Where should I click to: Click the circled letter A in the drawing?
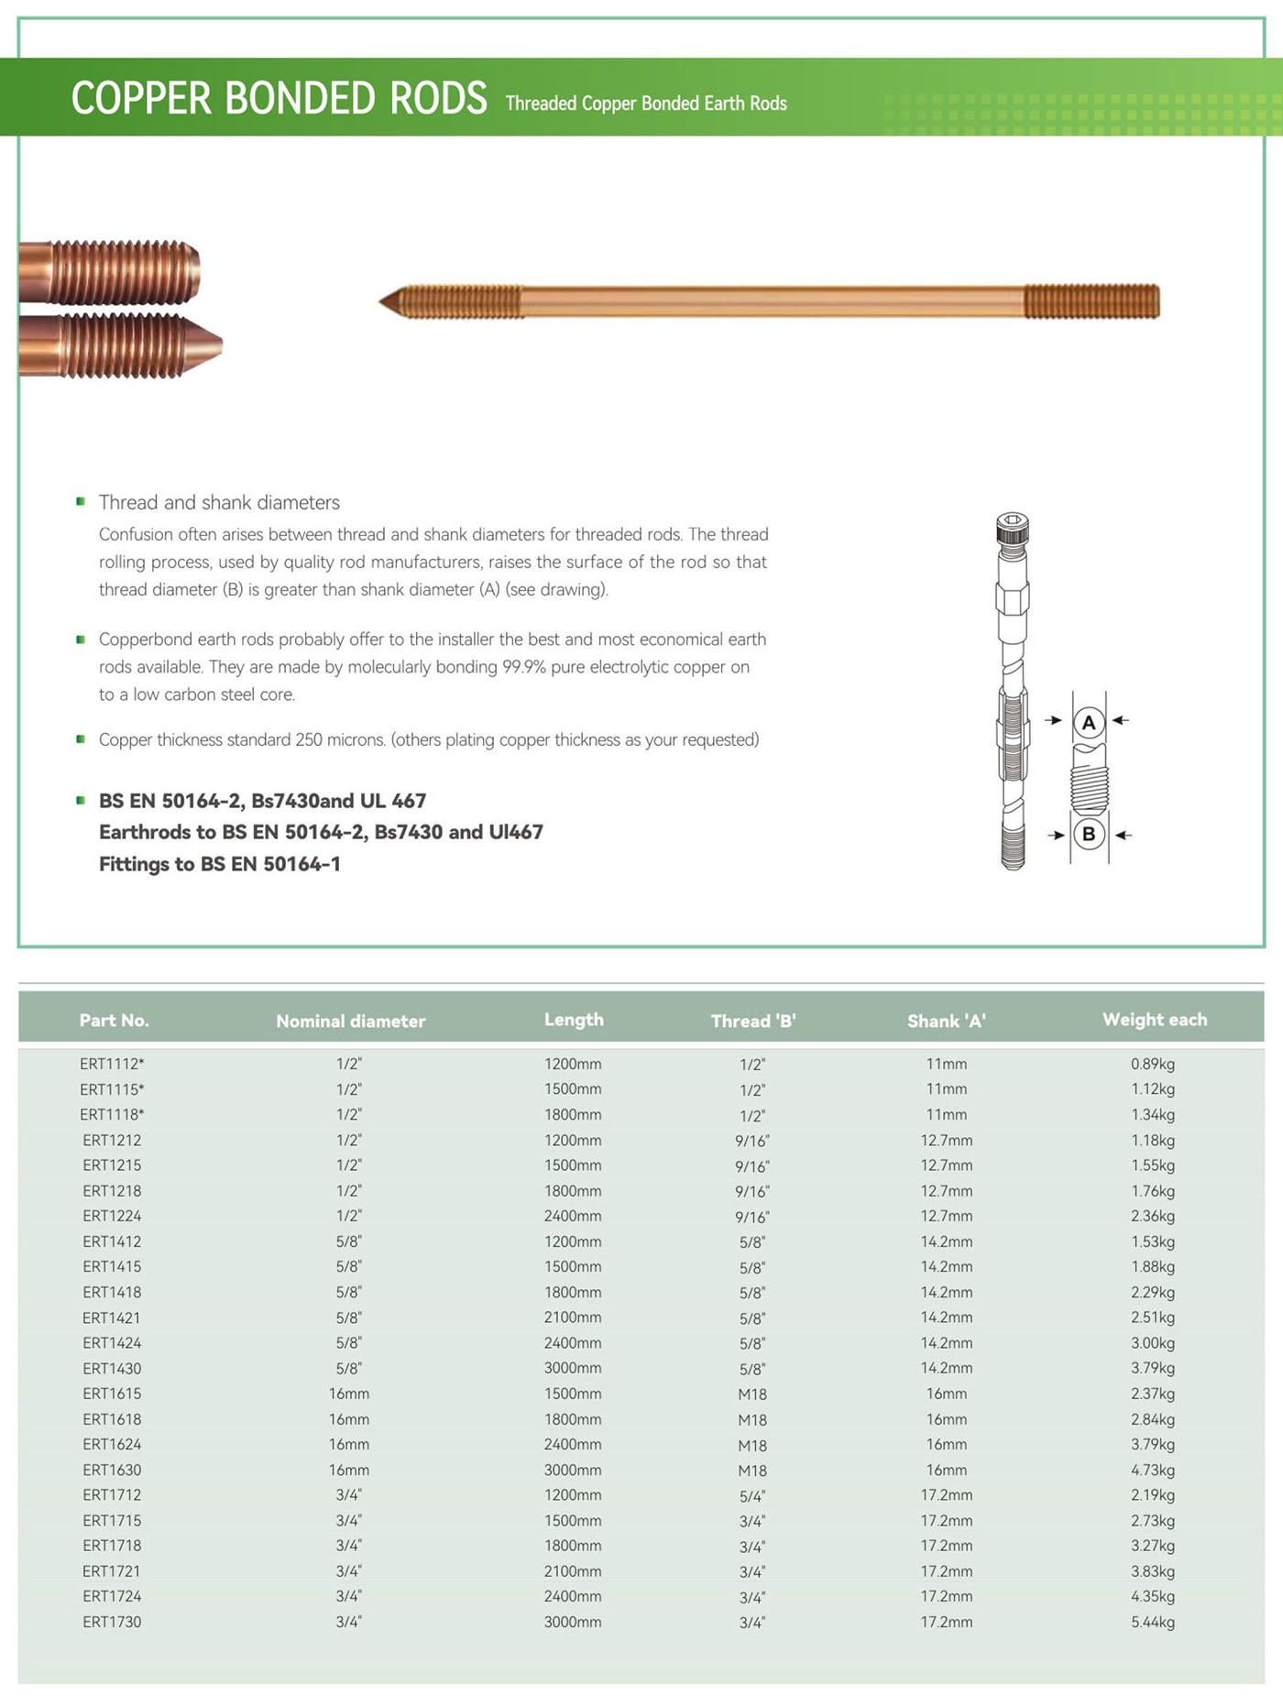click(x=1089, y=722)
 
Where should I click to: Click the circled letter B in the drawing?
click(x=1089, y=834)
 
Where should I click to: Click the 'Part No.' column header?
click(x=115, y=1020)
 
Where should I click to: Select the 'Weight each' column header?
click(x=1155, y=1019)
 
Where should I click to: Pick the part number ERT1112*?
click(x=112, y=1064)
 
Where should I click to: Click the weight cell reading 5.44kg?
click(x=1152, y=1622)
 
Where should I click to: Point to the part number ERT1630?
click(x=112, y=1470)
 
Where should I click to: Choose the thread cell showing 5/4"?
click(x=752, y=1495)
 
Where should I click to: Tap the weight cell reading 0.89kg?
click(x=1152, y=1064)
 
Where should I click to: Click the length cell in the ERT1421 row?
click(x=573, y=1318)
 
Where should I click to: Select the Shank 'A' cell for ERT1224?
click(x=947, y=1216)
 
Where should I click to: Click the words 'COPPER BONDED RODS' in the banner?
click(x=280, y=98)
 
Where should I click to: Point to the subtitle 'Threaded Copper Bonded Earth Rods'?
click(x=646, y=104)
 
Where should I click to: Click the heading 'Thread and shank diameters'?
click(x=219, y=502)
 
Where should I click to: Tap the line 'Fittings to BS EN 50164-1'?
click(x=220, y=863)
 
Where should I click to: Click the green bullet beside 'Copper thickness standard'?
click(x=81, y=739)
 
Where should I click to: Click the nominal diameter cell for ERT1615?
click(x=349, y=1394)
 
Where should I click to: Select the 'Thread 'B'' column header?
click(x=753, y=1021)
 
